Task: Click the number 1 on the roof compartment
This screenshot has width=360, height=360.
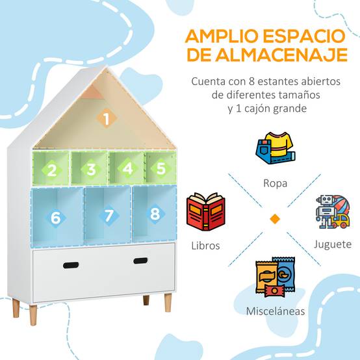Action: coord(107,119)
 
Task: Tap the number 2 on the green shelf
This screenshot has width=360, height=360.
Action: coord(52,170)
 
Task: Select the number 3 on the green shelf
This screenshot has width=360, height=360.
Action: coord(91,170)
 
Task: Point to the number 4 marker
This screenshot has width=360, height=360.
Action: coord(127,168)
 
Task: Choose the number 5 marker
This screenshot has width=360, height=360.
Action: coord(161,168)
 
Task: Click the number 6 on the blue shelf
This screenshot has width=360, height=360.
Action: coord(56,218)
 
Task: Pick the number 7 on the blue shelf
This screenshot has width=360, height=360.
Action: coord(109,216)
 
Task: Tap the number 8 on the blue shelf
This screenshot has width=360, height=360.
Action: coord(155,214)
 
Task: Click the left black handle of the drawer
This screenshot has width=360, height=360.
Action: coord(71,265)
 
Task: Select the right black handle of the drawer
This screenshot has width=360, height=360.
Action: coord(140,261)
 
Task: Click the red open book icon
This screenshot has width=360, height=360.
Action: coord(206,212)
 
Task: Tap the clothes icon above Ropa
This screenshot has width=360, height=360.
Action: coord(276,148)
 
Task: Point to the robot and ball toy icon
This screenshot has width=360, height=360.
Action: coord(333,212)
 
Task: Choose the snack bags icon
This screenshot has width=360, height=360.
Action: coord(276,277)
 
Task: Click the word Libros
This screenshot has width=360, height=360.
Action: coord(206,246)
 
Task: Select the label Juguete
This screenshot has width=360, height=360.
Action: coord(333,244)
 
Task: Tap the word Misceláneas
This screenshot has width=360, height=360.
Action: coord(276,311)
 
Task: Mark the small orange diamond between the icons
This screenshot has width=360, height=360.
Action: coord(275,219)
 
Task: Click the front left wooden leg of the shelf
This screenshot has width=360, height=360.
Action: coord(33,315)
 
